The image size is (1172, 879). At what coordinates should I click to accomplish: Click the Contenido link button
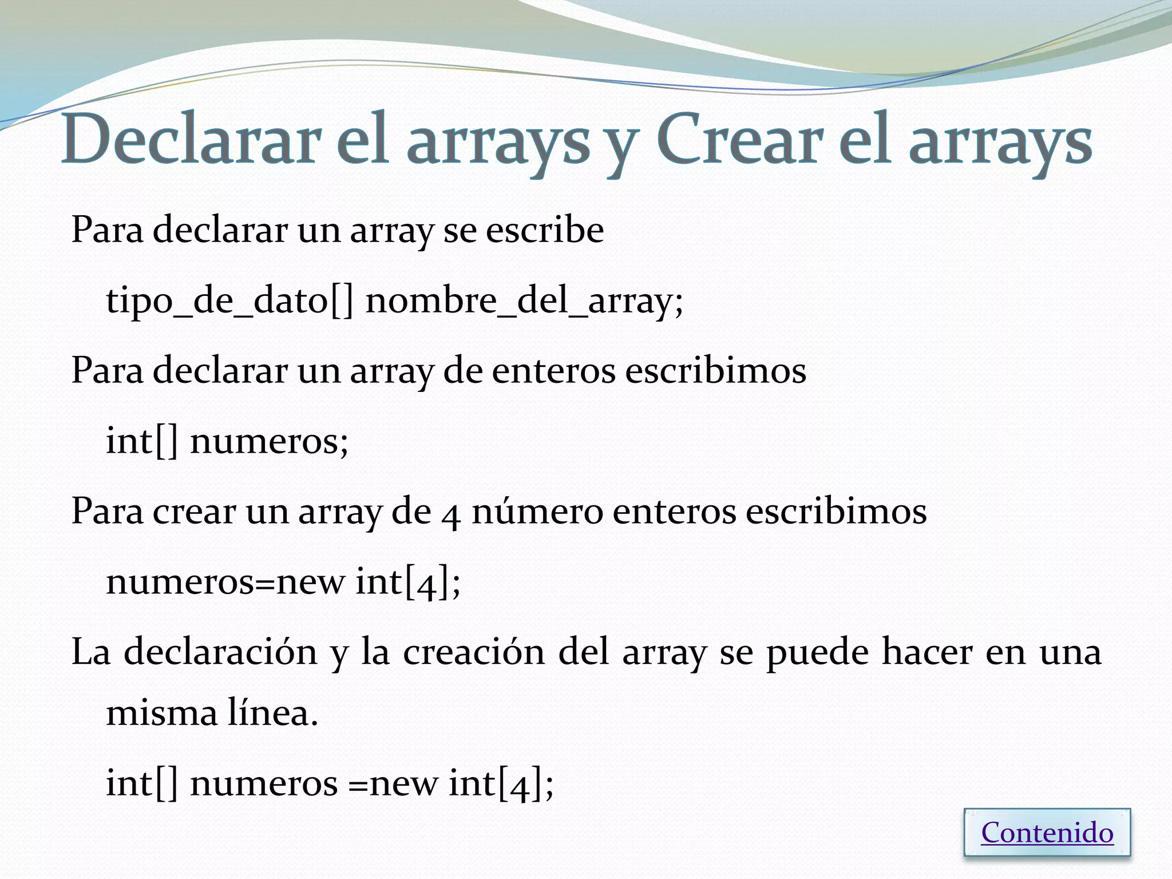point(1047,833)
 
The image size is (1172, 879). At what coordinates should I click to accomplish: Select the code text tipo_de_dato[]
point(229,300)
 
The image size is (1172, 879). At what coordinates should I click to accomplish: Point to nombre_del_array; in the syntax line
point(524,300)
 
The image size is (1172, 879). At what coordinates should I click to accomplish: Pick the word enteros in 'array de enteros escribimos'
point(553,370)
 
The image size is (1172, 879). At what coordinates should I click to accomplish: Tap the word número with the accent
point(537,511)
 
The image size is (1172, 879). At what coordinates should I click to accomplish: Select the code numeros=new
point(225,582)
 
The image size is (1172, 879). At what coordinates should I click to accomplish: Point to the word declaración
point(220,652)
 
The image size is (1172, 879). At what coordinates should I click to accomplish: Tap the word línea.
point(273,714)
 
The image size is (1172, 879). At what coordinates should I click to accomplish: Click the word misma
point(162,714)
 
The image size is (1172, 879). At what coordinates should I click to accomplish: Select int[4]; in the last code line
point(501,783)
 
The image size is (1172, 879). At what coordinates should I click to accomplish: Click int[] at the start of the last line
point(142,783)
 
